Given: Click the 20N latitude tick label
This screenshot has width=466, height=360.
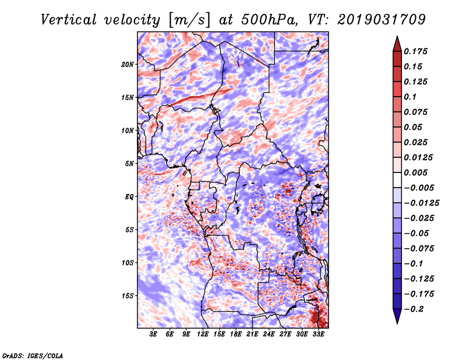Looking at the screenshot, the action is point(128,65).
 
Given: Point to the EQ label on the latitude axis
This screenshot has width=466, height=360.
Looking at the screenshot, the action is point(129,197).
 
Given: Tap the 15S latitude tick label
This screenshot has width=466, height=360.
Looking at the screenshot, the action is point(128,296).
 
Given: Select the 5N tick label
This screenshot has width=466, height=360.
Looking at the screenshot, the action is point(129,164).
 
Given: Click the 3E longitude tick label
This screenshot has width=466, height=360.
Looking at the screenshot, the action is point(153,334).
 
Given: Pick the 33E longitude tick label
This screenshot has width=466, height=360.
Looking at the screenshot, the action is point(318,334).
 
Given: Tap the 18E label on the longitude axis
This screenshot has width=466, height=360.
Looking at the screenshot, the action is point(236,334).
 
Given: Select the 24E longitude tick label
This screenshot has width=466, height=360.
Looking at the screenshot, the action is point(269,334).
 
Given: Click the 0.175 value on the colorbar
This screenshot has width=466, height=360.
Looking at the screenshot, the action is point(415,51).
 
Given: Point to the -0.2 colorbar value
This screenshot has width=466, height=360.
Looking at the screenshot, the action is point(414,309).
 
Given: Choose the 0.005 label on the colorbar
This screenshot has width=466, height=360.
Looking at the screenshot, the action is point(415,172).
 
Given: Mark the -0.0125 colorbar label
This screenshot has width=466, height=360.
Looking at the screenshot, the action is point(421,203).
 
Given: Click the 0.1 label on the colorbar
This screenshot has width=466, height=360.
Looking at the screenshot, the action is point(410,97).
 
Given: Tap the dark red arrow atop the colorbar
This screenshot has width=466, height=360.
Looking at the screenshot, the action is point(397,44).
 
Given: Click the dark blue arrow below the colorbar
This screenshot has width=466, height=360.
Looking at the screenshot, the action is point(397,316).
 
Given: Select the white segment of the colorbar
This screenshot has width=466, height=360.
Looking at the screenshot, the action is point(397,180).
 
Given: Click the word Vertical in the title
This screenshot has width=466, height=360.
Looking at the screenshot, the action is point(69,20).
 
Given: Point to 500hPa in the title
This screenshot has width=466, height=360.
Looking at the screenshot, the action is point(269,20).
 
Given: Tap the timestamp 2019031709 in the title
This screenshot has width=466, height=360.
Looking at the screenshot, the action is point(382,20).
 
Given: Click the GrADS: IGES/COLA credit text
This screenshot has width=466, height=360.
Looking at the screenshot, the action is point(33,355).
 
